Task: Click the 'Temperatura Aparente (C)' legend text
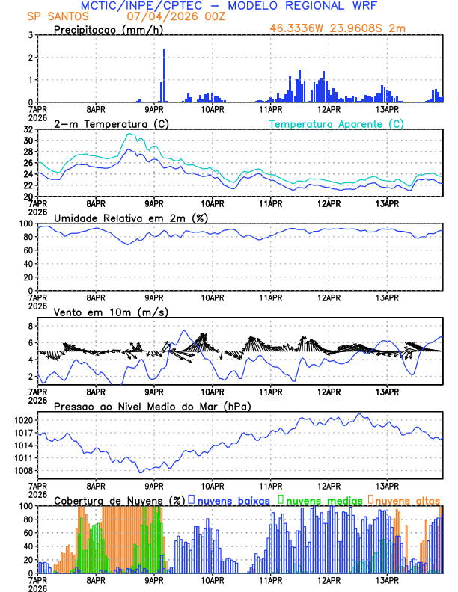coord(336,123)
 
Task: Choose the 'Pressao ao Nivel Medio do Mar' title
coord(153,406)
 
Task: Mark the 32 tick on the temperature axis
coord(27,129)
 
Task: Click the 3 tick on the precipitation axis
coord(30,35)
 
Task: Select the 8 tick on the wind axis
coord(30,326)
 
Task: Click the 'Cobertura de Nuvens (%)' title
coord(119,499)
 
